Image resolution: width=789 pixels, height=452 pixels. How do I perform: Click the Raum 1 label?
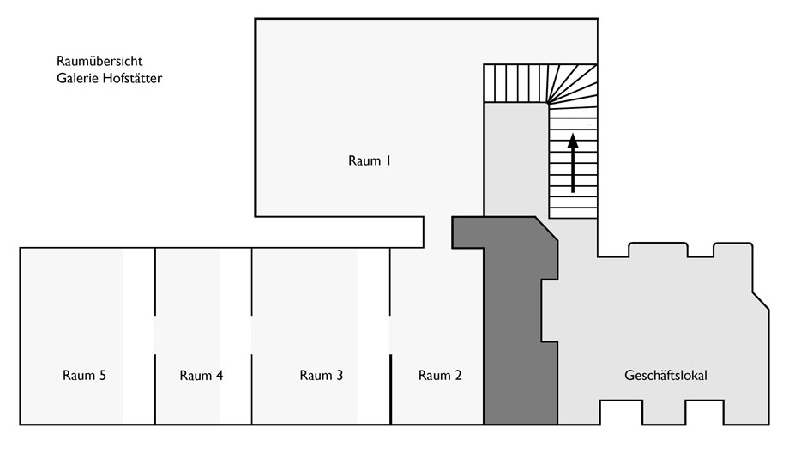370,160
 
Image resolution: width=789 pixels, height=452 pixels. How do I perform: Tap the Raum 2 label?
440,375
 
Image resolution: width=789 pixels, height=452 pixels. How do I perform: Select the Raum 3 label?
321,375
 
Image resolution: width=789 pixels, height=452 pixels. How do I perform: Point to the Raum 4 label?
202,375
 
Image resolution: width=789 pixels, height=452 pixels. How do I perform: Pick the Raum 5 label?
85,375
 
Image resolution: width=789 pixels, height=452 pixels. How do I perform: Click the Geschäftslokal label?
666,375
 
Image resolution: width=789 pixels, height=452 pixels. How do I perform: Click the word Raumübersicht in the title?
99,61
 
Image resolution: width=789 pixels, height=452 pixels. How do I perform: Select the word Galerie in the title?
77,78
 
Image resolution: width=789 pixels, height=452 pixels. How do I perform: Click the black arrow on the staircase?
573,163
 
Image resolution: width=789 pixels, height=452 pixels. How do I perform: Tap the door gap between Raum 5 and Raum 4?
155,335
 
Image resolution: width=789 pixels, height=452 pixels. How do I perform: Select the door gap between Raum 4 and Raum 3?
251,335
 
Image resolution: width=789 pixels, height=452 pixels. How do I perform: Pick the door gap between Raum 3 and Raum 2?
390,335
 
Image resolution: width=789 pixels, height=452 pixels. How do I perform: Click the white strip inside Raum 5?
138,335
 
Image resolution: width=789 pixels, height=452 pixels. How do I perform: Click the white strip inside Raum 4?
234,335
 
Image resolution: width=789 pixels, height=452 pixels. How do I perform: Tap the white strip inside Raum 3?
373,335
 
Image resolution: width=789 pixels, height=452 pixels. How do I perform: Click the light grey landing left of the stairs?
515,160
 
